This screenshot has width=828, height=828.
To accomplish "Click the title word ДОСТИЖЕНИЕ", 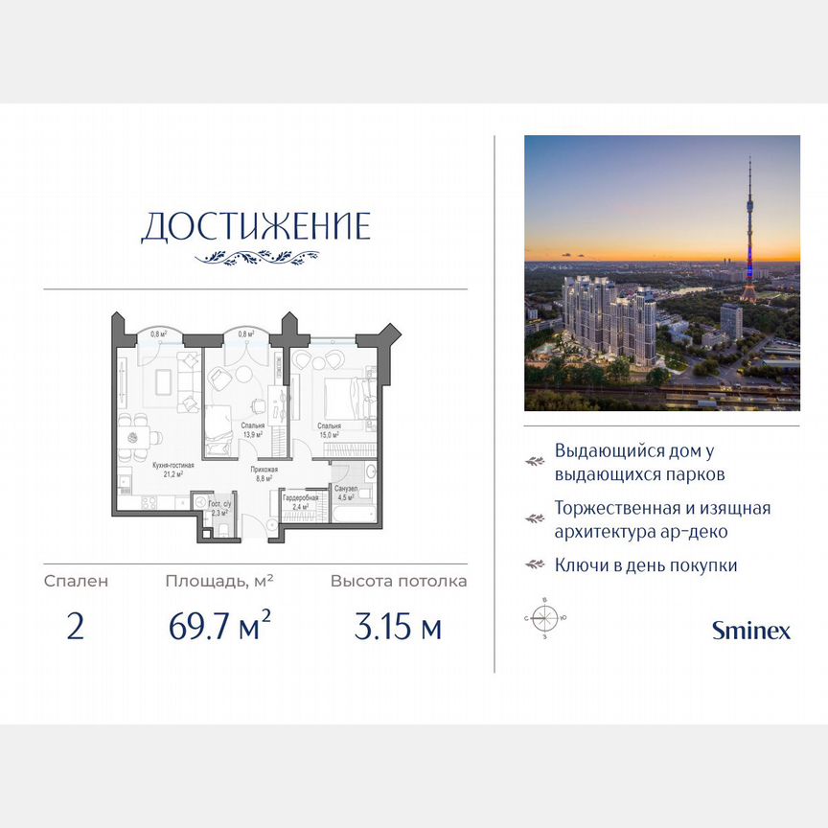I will pyautogui.click(x=255, y=226).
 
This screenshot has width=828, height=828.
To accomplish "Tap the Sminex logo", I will pyautogui.click(x=750, y=630).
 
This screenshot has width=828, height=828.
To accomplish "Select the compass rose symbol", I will pyautogui.click(x=543, y=618).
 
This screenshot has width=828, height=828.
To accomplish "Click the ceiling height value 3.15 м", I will pyautogui.click(x=398, y=629).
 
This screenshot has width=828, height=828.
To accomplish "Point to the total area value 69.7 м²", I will pyautogui.click(x=219, y=629).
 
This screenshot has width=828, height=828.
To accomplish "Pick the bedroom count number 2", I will pyautogui.click(x=76, y=629).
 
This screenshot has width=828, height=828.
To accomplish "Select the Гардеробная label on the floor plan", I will pyautogui.click(x=300, y=498).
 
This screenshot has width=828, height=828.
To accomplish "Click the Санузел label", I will pyautogui.click(x=346, y=489).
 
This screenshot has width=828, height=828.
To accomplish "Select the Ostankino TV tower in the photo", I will pyautogui.click(x=748, y=230).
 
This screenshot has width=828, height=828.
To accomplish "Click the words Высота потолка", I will pyautogui.click(x=399, y=581).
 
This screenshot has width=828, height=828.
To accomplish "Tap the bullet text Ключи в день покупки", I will pyautogui.click(x=646, y=565).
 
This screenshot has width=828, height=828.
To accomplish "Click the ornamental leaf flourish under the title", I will pyautogui.click(x=256, y=257).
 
